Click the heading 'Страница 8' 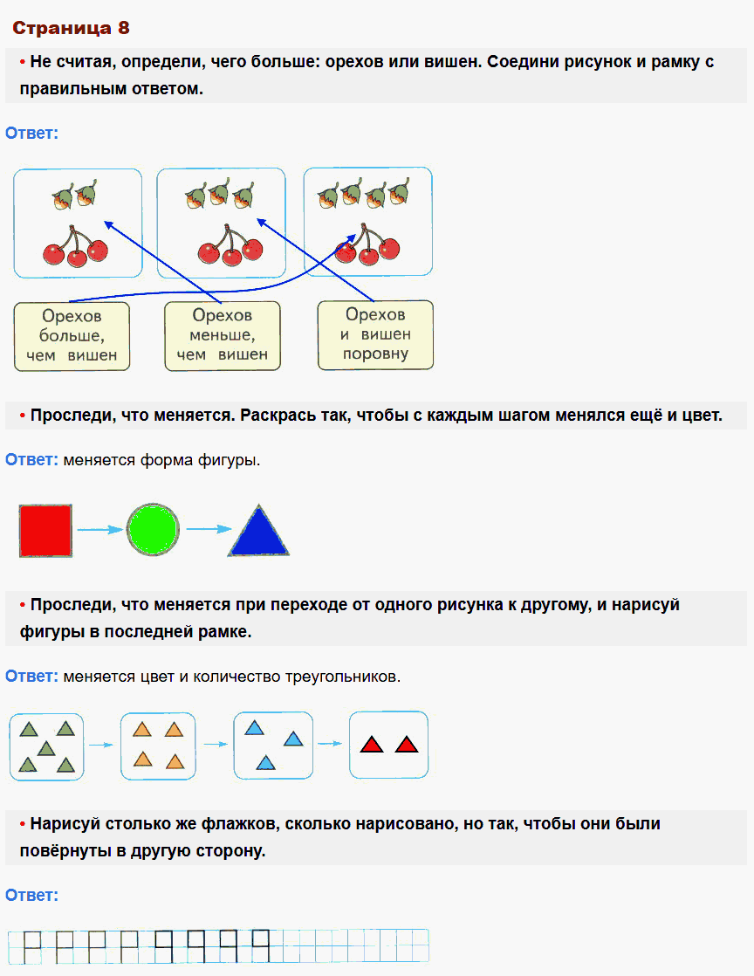(x=71, y=28)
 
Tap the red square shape (x=45, y=530)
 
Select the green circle (x=153, y=530)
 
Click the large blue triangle (x=258, y=533)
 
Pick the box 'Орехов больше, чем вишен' (x=72, y=336)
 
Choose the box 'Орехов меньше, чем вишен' (x=223, y=336)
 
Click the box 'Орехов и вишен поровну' (x=375, y=334)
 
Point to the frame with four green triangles (x=47, y=746)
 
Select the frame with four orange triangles (x=158, y=746)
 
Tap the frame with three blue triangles (x=273, y=745)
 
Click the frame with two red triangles (x=388, y=745)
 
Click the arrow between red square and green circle (x=99, y=530)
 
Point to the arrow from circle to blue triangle (x=209, y=530)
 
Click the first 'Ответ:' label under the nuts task (x=31, y=134)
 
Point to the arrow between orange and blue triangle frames (x=216, y=745)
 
